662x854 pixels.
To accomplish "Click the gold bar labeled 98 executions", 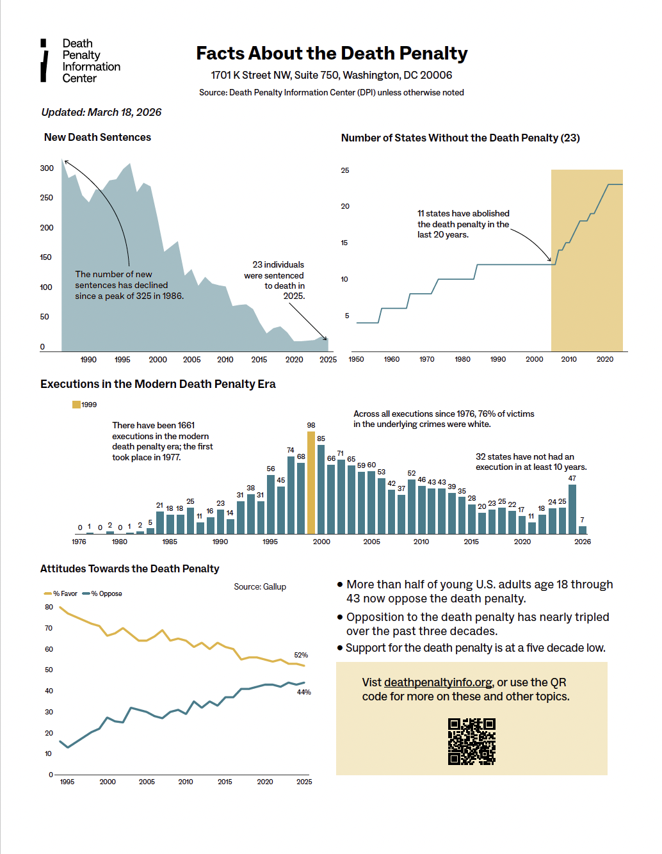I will (311, 483).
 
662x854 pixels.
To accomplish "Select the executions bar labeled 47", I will (572, 509).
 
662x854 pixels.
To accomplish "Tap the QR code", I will (472, 741).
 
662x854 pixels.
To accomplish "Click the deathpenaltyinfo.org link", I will (438, 682).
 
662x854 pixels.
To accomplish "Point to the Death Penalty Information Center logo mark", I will (44, 61).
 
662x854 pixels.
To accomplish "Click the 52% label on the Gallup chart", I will (301, 655).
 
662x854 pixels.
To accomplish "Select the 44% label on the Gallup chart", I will (303, 692).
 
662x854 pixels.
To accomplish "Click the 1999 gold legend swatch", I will (76, 405).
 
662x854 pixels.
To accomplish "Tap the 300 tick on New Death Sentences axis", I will (47, 168).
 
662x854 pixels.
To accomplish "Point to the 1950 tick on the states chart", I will (356, 359).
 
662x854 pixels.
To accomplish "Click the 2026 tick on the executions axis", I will (583, 542).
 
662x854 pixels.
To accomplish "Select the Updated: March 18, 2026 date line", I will (101, 112).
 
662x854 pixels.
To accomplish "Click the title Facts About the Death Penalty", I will (332, 53).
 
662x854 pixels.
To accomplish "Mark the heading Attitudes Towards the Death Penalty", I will (129, 568).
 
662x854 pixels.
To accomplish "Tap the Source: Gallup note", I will (260, 586).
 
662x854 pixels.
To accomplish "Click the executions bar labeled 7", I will (583, 530).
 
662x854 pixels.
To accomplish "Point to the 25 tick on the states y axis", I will (345, 170).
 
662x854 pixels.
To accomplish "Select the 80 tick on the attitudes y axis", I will (49, 607).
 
